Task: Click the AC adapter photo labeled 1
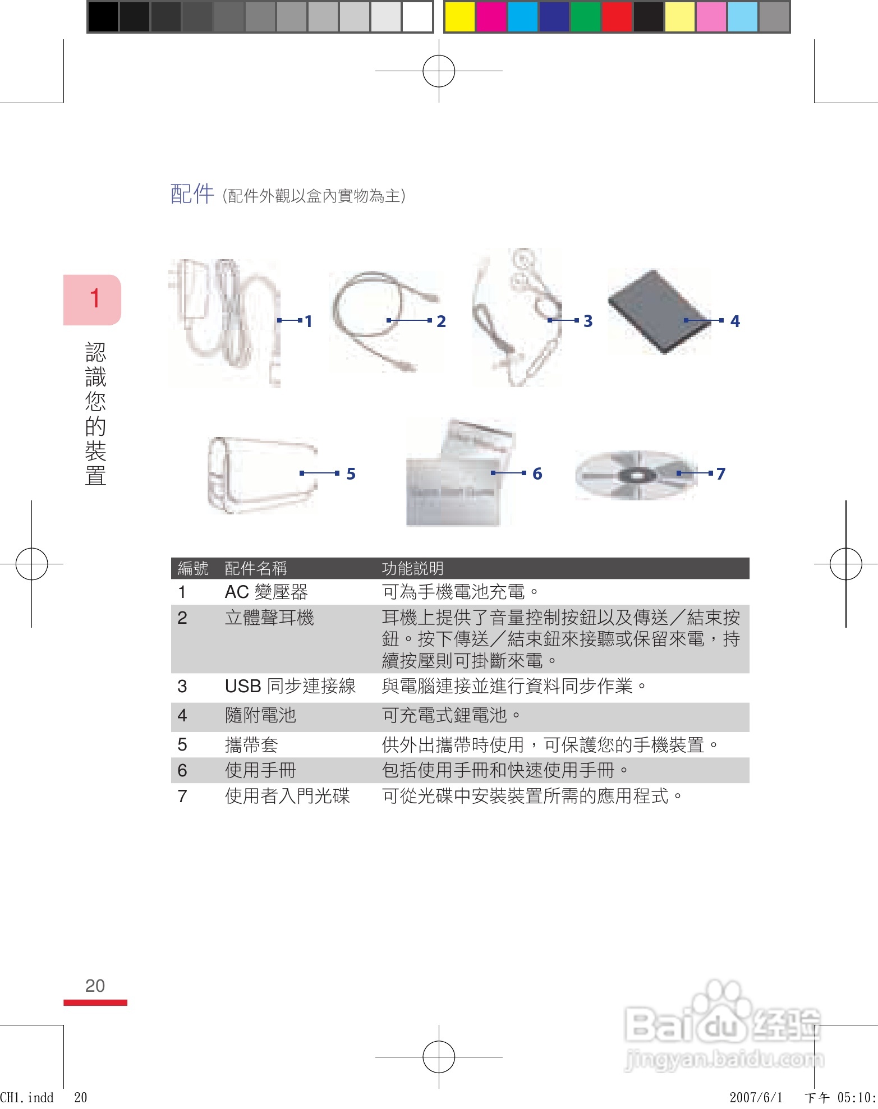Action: pos(224,323)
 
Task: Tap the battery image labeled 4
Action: pos(656,311)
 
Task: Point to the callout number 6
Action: pos(537,474)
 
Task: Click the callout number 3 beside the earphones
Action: pos(587,321)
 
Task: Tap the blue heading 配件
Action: pos(192,194)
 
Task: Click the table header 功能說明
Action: pos(412,568)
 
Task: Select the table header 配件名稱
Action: pos(256,568)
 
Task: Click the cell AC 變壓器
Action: pos(266,592)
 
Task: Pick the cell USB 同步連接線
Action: pos(290,686)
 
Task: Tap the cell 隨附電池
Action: pos(260,715)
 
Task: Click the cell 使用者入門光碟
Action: pos(287,796)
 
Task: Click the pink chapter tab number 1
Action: pos(94,299)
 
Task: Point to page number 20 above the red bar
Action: pos(95,986)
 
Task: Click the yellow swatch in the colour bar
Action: pos(459,17)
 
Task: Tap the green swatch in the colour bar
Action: pos(585,17)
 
